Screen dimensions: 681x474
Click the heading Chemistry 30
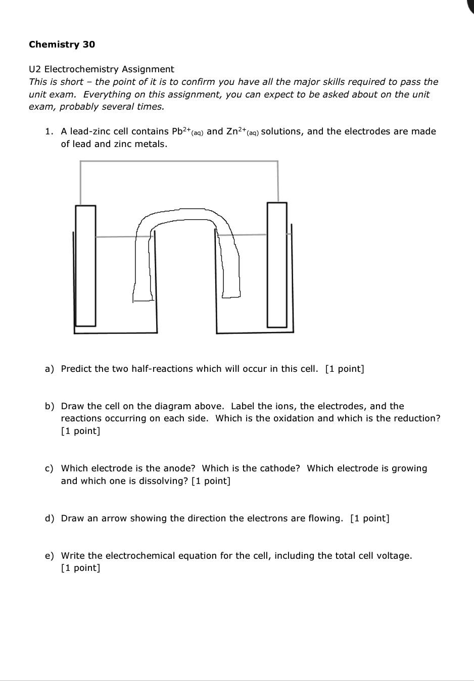coord(62,44)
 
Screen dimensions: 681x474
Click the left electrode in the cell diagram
coord(85,265)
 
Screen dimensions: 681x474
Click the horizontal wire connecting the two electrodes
coord(179,161)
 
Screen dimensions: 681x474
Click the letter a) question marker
coord(49,369)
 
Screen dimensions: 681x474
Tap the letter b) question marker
coord(49,406)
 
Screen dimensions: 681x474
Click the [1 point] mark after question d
coord(369,518)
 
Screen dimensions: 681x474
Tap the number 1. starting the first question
coord(49,131)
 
